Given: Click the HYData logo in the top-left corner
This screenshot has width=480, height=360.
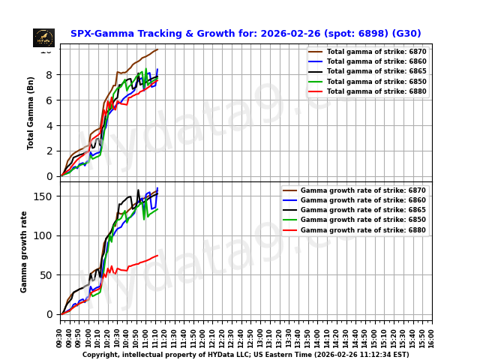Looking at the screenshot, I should (x=43, y=37).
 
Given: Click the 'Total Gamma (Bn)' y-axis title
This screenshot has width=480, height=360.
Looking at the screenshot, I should (x=31, y=112).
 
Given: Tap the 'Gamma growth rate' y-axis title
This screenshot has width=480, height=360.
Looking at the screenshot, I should (x=24, y=251).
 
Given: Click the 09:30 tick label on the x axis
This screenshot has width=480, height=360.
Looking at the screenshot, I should (x=60, y=337).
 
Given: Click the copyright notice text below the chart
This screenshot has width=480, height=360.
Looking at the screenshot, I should (x=245, y=355).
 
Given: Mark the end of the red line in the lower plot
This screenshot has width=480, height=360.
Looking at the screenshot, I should (x=157, y=256).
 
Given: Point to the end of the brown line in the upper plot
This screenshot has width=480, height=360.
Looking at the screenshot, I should (x=157, y=49).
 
